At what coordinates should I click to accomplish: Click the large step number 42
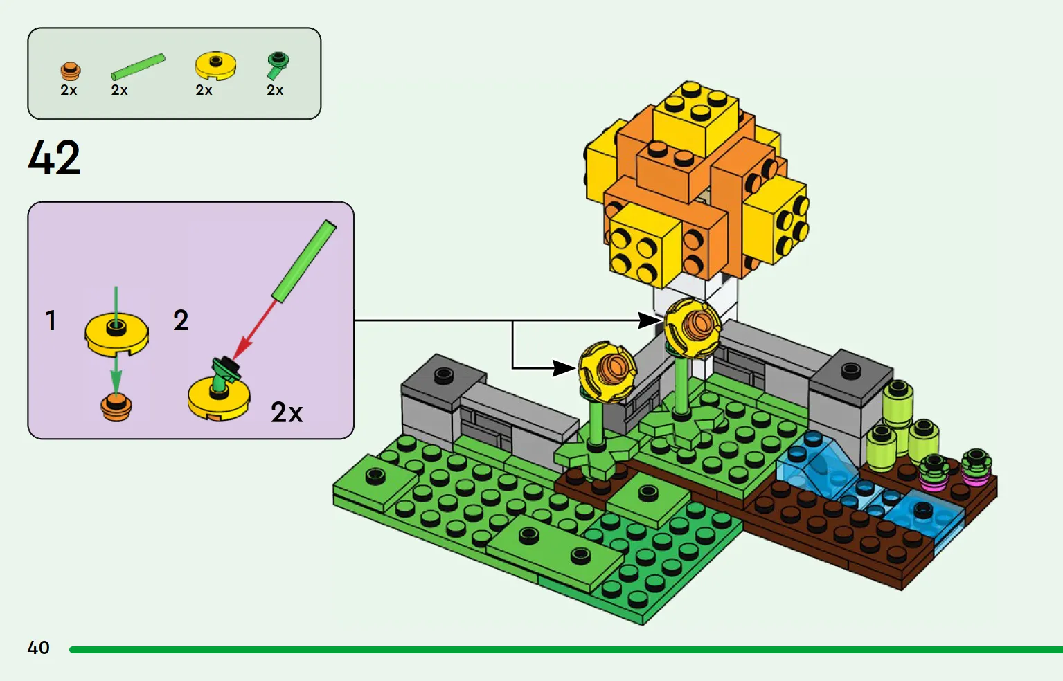point(54,157)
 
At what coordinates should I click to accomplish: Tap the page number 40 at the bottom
point(39,647)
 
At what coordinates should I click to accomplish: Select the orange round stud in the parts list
point(70,71)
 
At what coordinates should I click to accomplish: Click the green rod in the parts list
point(138,66)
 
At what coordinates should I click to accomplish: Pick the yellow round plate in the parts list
point(215,66)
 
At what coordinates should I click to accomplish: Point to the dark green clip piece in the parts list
point(277,65)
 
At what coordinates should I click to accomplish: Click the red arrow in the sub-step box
point(254,330)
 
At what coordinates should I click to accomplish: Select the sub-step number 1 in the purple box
point(51,320)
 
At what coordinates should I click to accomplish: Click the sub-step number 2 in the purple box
point(181,320)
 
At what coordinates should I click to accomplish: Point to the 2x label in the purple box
point(287,412)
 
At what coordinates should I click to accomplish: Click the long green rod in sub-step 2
point(304,261)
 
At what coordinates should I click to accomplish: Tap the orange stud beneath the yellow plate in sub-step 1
point(116,408)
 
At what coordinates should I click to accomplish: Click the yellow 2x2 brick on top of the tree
point(696,113)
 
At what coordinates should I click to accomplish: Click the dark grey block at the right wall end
point(851,376)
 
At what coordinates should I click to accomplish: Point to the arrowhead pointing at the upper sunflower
point(650,320)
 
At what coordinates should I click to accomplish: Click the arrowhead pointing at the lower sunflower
point(564,368)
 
